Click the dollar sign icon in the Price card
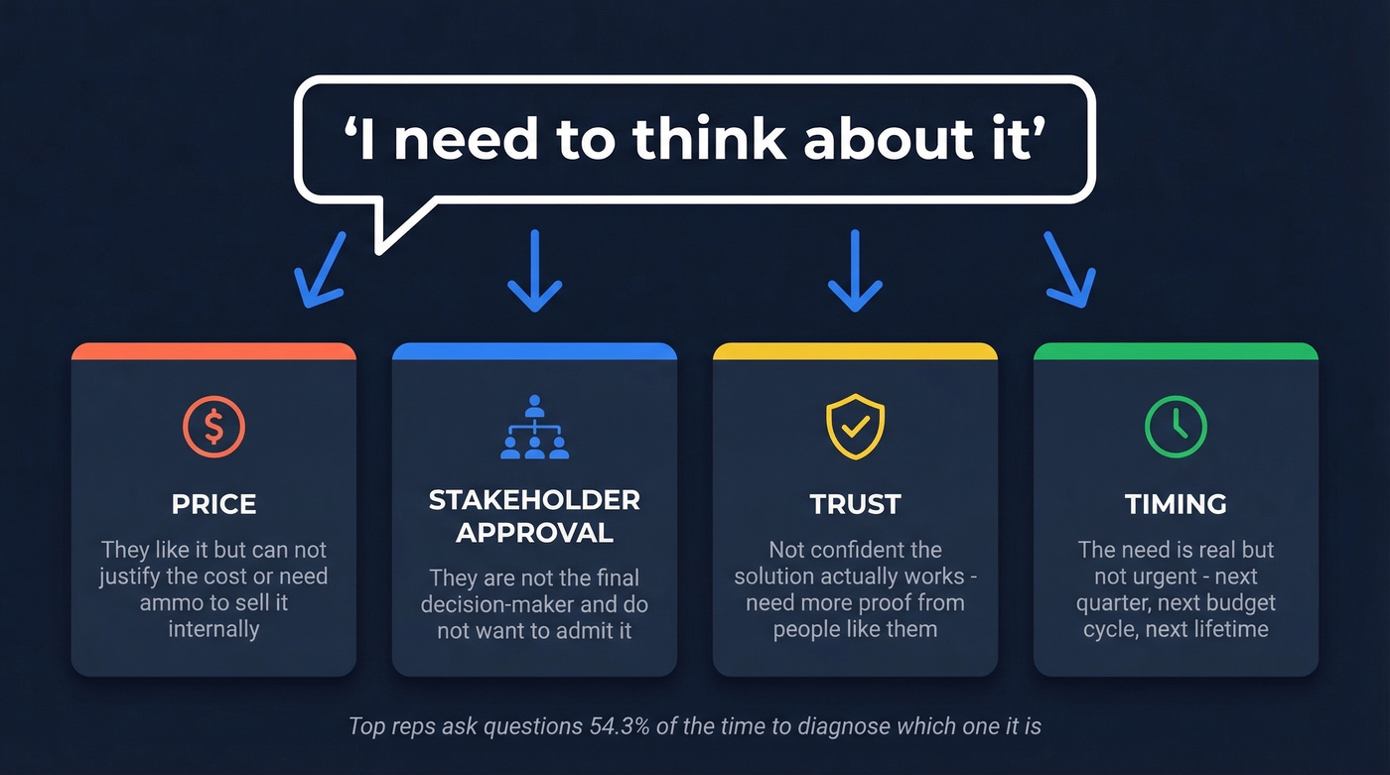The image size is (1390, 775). [213, 427]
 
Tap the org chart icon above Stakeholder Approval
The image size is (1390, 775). [534, 427]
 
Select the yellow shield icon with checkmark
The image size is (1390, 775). [855, 427]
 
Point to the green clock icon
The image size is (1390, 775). [1176, 427]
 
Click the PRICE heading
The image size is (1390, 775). [213, 504]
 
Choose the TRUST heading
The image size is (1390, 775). [855, 504]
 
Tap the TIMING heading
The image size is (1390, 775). [1176, 504]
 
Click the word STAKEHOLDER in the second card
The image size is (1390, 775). [534, 500]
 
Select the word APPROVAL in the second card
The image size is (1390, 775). [534, 533]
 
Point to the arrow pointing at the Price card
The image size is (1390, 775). [320, 270]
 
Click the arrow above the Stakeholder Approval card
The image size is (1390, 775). [534, 270]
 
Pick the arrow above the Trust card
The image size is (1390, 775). [855, 270]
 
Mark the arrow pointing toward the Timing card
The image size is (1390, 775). [1069, 270]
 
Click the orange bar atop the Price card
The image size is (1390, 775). [213, 351]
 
